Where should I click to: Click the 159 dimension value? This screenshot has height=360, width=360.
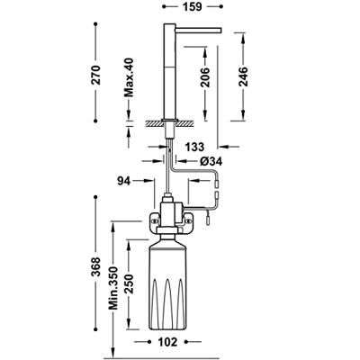[192, 6]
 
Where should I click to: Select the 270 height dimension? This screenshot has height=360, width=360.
[95, 75]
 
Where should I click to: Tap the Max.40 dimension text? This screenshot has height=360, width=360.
[129, 77]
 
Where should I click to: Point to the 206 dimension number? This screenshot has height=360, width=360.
[205, 77]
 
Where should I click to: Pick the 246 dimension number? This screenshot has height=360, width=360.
[243, 76]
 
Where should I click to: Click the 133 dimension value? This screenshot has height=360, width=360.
[194, 147]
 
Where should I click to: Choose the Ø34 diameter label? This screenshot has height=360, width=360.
[211, 162]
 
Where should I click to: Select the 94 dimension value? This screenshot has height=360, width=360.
[124, 181]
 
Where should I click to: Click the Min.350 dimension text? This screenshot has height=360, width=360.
[113, 288]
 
